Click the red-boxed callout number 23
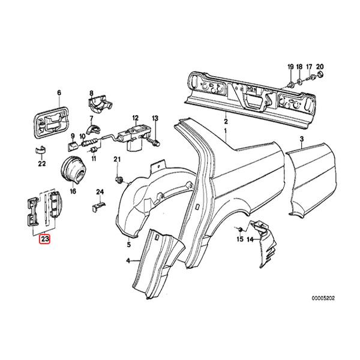[44, 239]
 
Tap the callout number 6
[59, 93]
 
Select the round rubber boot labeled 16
[73, 169]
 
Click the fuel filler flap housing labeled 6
[52, 123]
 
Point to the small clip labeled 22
[41, 150]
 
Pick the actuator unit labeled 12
[134, 138]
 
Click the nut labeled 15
[240, 229]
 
